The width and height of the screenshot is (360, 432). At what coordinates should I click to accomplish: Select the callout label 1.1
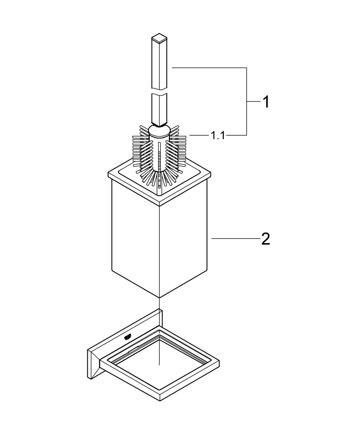tap(217, 136)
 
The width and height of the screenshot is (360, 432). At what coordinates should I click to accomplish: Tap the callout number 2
tap(265, 238)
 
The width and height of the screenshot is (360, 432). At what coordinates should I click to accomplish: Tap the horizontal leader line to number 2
tap(233, 238)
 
